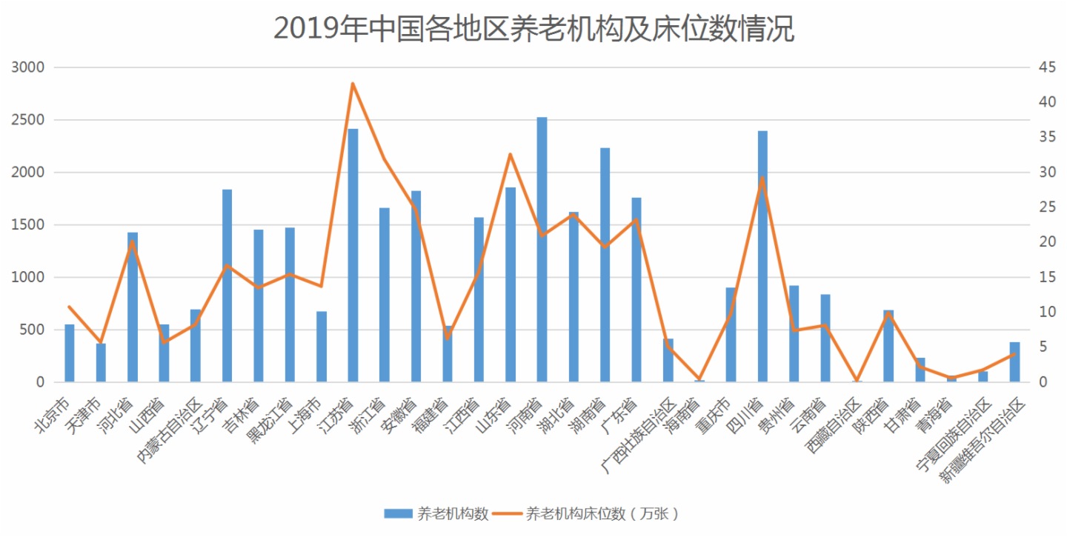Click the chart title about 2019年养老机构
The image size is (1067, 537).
(x=533, y=28)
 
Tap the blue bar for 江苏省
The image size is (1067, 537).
(x=353, y=256)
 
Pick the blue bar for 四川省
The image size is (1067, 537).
(x=762, y=256)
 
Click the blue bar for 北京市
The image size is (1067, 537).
(x=70, y=353)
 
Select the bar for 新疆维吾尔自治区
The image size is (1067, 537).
(x=1014, y=362)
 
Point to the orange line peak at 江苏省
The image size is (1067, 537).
(x=353, y=83)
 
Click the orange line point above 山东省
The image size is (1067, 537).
(x=511, y=154)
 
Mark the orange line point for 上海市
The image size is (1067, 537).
(x=322, y=286)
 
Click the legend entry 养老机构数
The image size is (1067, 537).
(x=437, y=513)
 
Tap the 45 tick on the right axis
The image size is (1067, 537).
(x=1047, y=67)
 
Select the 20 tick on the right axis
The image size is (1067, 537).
(x=1047, y=242)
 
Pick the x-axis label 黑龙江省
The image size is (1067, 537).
(x=271, y=423)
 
